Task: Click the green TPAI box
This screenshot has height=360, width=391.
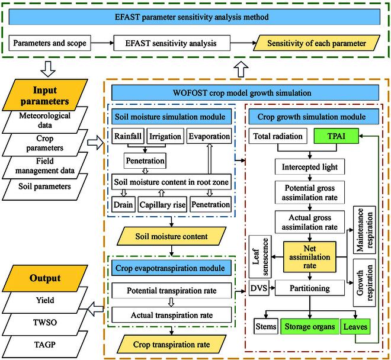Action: (x=335, y=136)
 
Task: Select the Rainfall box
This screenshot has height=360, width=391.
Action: (x=127, y=136)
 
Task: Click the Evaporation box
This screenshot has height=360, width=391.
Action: (x=209, y=136)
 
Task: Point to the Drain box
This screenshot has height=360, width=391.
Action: (x=123, y=205)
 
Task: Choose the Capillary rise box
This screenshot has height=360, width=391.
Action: (x=162, y=205)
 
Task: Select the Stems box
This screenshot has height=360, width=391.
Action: (x=264, y=326)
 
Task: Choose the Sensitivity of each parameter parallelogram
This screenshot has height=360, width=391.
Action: (x=316, y=43)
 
